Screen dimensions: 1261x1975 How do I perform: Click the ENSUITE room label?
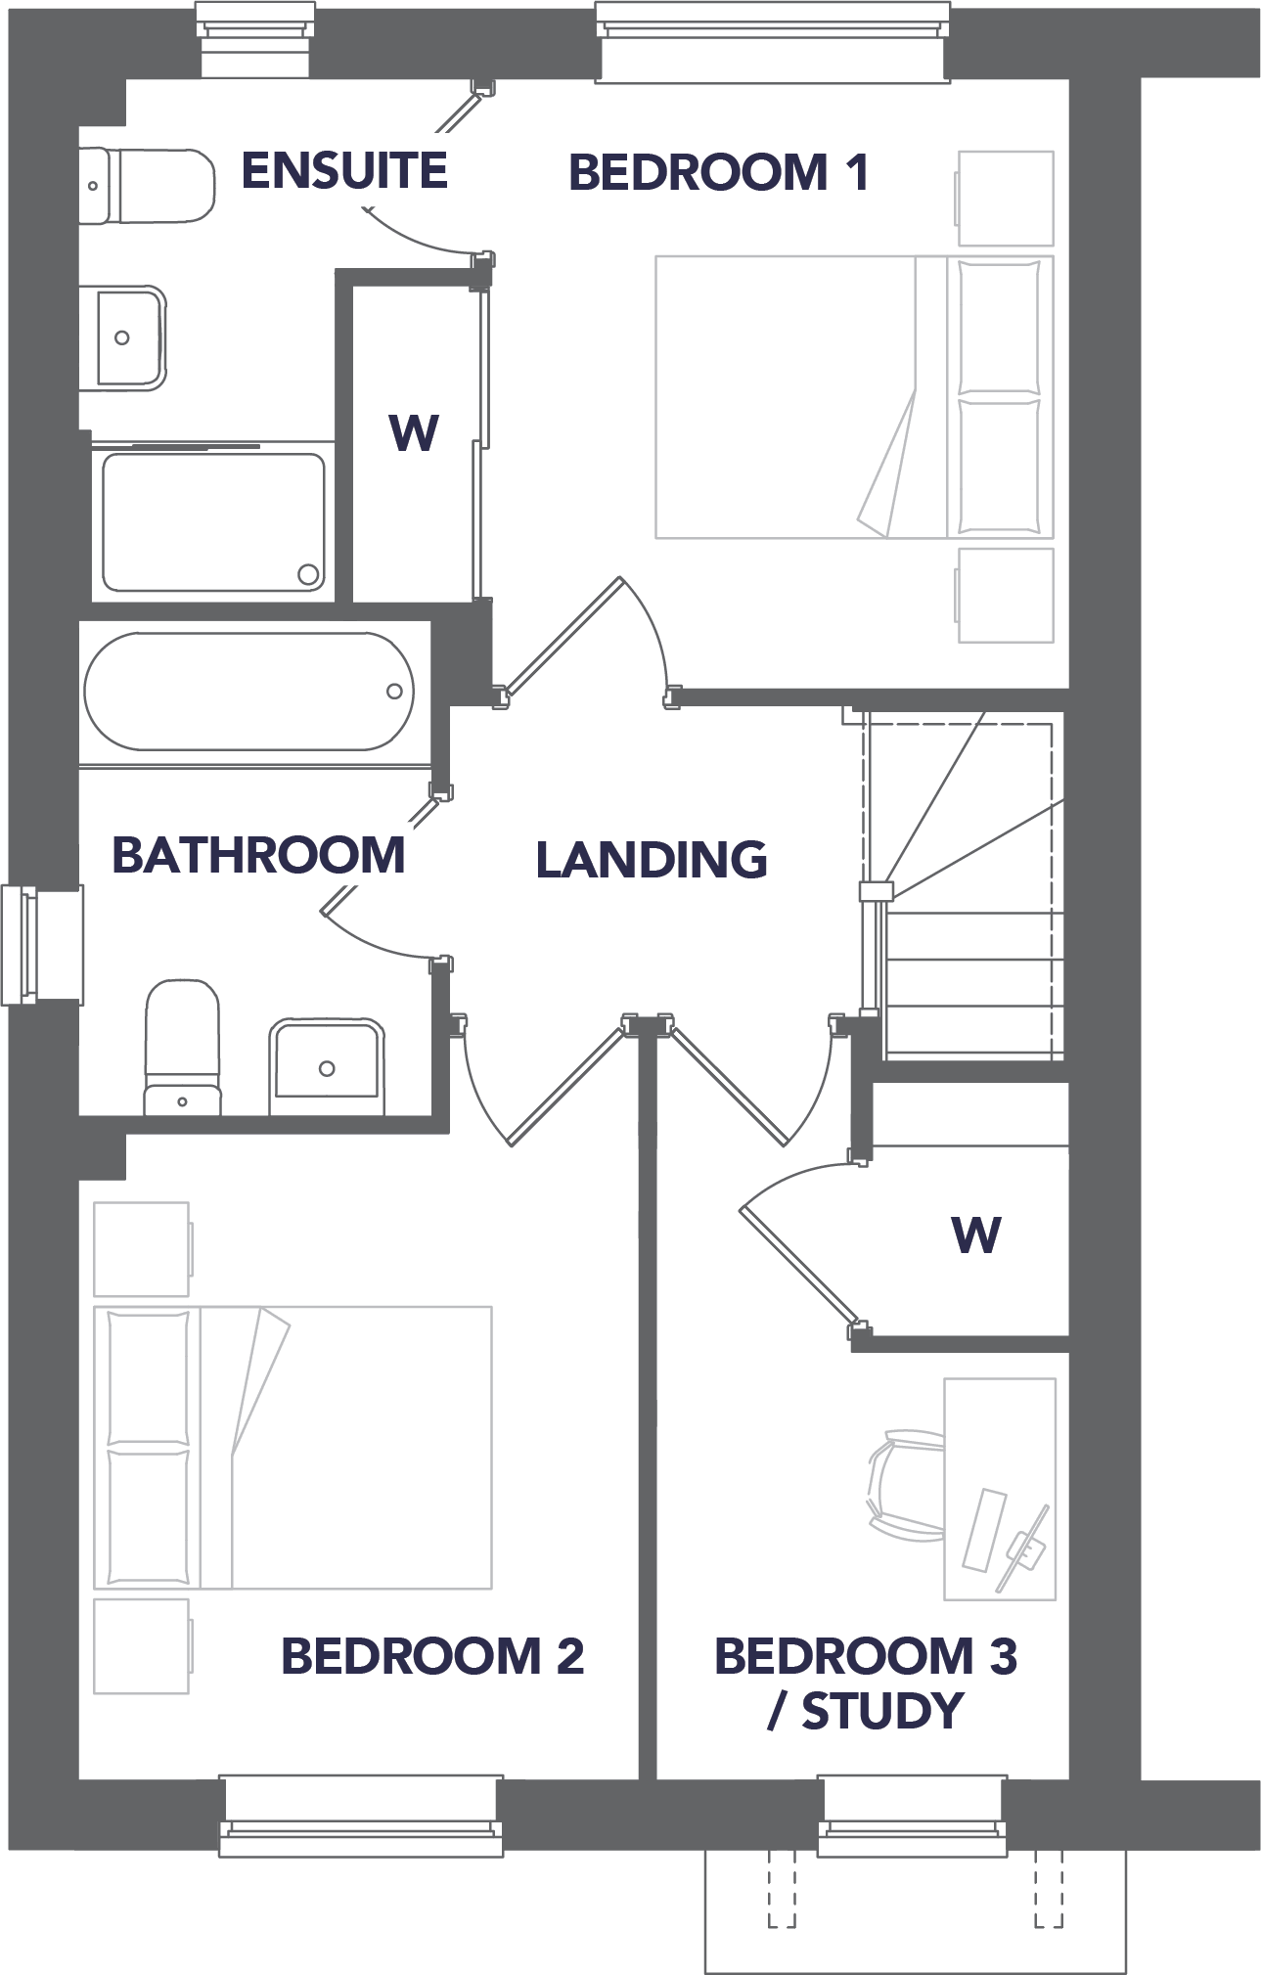coord(344,170)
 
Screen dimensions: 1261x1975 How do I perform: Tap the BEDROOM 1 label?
coord(718,173)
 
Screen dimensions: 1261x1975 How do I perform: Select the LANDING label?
coord(652,860)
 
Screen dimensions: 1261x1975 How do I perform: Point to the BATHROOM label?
coord(258,855)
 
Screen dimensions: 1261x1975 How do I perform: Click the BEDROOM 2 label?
coord(432,1656)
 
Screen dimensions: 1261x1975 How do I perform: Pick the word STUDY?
coord(882,1711)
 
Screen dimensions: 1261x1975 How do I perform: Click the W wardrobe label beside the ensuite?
coord(414,432)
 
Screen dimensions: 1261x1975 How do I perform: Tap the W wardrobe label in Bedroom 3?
coord(975,1234)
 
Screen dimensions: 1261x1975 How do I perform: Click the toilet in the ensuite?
coord(147,186)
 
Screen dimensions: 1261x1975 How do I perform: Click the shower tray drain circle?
coord(308,574)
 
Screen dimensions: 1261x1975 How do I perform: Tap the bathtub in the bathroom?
coord(249,692)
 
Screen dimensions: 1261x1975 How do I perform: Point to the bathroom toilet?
coord(183,1047)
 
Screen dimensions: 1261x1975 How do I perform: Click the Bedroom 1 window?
coord(773,41)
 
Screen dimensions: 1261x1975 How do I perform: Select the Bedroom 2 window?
coord(361,1816)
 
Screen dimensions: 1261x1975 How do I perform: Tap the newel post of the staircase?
coord(876,891)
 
